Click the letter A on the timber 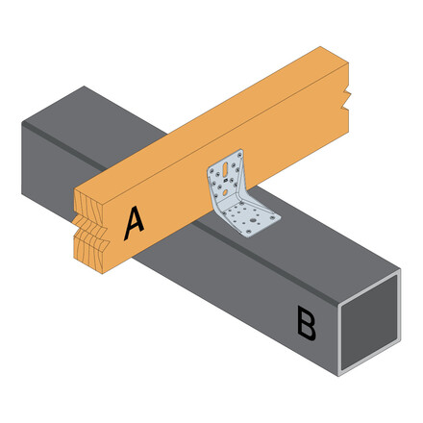click(135, 222)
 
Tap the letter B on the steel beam click(306, 324)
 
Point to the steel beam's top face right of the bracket click(317, 240)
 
